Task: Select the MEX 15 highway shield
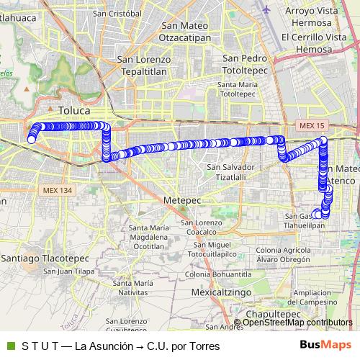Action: pyautogui.click(x=307, y=127)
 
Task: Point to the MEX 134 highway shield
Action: pyautogui.click(x=58, y=190)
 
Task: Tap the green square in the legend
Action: pyautogui.click(x=9, y=346)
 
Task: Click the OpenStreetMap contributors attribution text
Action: pyautogui.click(x=297, y=323)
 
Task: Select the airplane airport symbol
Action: pyautogui.click(x=268, y=10)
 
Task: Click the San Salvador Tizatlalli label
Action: pyautogui.click(x=230, y=171)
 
